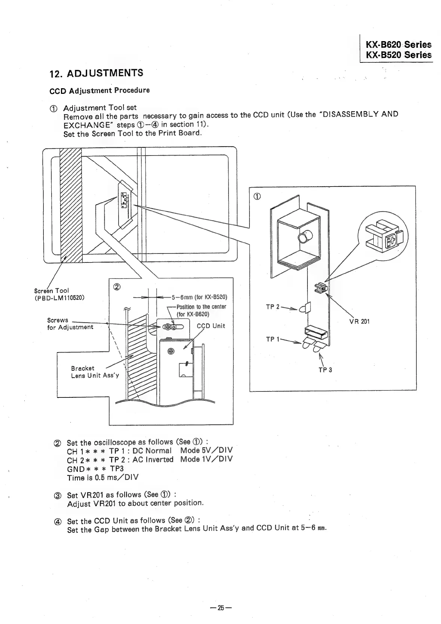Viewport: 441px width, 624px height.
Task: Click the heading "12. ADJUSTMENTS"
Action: pyautogui.click(x=96, y=73)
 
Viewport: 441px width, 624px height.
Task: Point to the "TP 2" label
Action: pyautogui.click(x=273, y=307)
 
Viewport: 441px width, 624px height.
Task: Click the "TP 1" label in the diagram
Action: pyautogui.click(x=273, y=339)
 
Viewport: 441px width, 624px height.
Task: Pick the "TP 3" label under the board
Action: pyautogui.click(x=325, y=370)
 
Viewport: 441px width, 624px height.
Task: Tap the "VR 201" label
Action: pyautogui.click(x=359, y=321)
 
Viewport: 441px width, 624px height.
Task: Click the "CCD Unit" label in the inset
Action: pyautogui.click(x=211, y=326)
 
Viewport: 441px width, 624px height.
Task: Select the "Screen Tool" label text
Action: pyautogui.click(x=51, y=291)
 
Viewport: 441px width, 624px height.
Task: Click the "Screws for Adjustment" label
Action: pyautogui.click(x=70, y=324)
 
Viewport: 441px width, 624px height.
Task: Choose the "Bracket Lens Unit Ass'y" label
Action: pyautogui.click(x=95, y=372)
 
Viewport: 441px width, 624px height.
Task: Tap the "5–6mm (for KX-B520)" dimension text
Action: pyautogui.click(x=199, y=298)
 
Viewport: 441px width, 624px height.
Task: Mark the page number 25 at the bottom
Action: pyautogui.click(x=220, y=608)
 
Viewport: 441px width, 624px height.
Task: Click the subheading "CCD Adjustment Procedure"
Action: pyautogui.click(x=99, y=90)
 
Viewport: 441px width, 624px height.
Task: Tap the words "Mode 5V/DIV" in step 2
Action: pyautogui.click(x=206, y=450)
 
